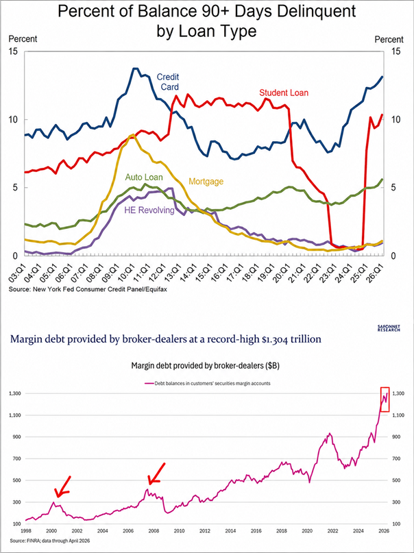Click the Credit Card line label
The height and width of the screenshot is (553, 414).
pos(168,82)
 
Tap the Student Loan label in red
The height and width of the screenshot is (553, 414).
pos(284,93)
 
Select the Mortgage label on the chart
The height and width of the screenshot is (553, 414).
pos(206,182)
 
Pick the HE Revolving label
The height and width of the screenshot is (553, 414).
pos(149,210)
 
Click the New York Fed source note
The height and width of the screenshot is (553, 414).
pos(88,290)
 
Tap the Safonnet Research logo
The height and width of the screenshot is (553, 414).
pos(389,329)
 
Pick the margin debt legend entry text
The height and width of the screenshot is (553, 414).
pos(212,383)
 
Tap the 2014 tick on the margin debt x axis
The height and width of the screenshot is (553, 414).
pos(230,530)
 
